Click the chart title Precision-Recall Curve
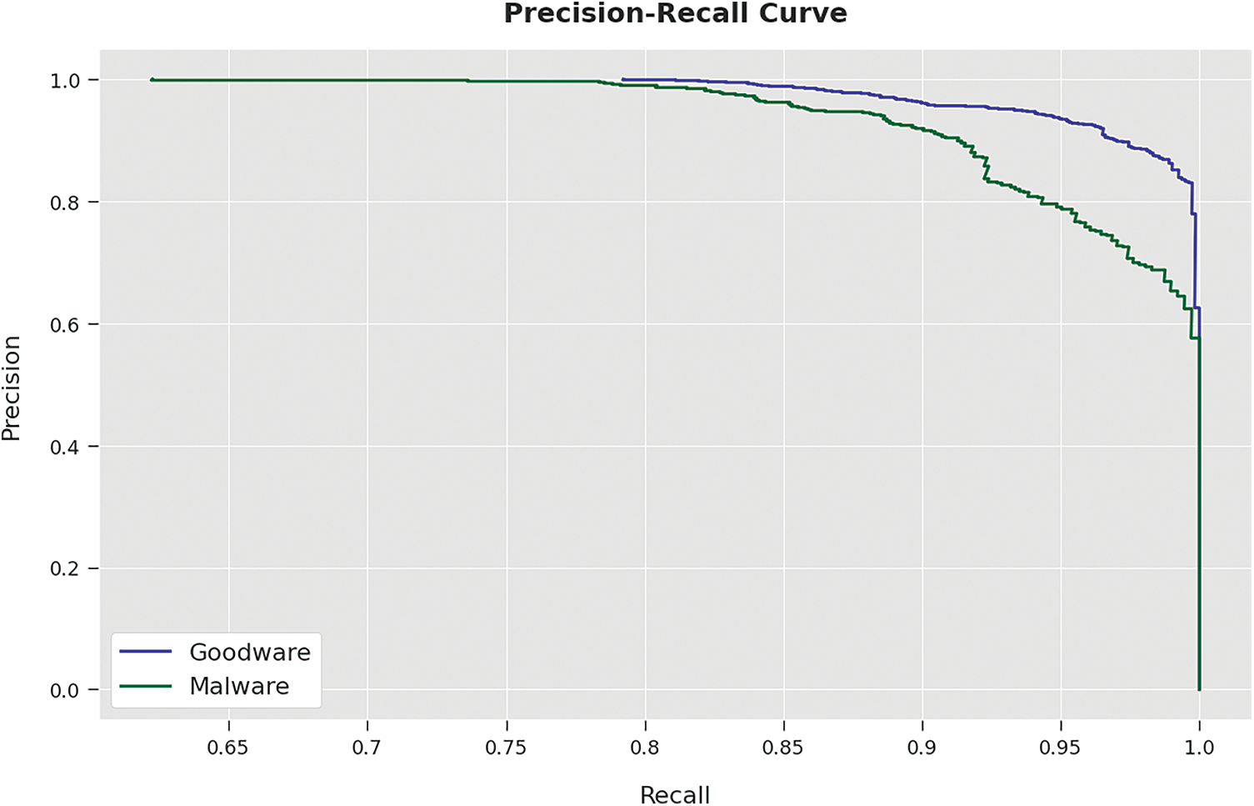point(675,14)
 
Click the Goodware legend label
point(249,652)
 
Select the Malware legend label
point(239,686)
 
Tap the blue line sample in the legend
point(146,652)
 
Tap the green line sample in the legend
point(146,686)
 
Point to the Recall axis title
point(675,794)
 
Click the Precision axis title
point(12,388)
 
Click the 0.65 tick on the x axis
point(227,748)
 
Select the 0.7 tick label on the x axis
point(367,748)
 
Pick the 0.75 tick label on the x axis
point(505,748)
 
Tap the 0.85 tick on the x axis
point(782,748)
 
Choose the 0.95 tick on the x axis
point(1060,748)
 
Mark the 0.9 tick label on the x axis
point(922,748)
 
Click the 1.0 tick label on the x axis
point(1199,748)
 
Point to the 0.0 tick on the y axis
point(65,690)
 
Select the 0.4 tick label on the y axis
point(65,447)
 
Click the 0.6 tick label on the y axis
point(65,324)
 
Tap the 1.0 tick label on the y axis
point(65,81)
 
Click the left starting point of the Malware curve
point(152,80)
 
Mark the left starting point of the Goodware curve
point(623,79)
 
